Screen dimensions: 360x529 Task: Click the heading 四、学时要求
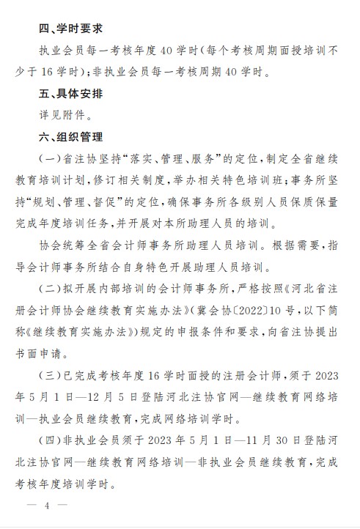[x=70, y=29]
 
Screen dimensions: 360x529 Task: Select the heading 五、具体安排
[x=70, y=94]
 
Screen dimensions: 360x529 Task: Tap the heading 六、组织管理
[x=70, y=137]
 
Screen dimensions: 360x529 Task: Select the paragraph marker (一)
[x=50, y=159]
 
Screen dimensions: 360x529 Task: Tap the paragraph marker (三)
[x=50, y=376]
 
